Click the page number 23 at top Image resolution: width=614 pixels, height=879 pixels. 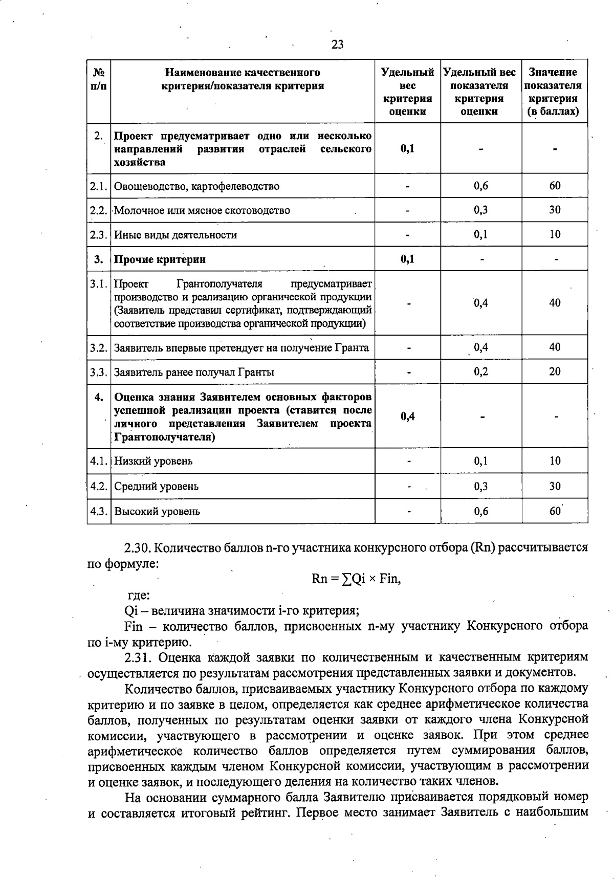(x=338, y=45)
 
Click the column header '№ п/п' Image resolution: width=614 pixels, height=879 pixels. (x=99, y=79)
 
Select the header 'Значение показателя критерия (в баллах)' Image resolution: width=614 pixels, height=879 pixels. (x=554, y=92)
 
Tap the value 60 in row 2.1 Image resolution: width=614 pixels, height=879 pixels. (x=555, y=186)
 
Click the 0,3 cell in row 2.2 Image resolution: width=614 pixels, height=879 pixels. (x=480, y=210)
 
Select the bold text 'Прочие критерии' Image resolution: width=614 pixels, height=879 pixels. (x=160, y=259)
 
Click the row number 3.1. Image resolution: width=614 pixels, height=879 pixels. (x=99, y=283)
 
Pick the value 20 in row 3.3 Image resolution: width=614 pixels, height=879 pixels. (x=555, y=371)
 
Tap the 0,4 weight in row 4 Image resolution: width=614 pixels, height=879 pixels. (x=407, y=416)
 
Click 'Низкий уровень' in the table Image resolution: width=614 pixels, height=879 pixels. (x=153, y=461)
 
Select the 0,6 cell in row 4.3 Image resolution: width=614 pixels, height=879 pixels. (x=480, y=511)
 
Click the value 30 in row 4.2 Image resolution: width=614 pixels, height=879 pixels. (x=555, y=486)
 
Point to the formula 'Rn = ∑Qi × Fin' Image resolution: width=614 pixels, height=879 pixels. (x=356, y=579)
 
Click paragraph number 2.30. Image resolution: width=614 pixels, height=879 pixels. (x=137, y=548)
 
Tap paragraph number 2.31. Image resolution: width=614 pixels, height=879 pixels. (x=137, y=657)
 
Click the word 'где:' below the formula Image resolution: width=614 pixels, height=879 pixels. (x=138, y=595)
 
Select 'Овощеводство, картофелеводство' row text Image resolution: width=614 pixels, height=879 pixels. (x=196, y=186)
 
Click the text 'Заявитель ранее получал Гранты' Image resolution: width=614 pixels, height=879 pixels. (x=193, y=372)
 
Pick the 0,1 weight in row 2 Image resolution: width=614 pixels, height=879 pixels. (x=407, y=149)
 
